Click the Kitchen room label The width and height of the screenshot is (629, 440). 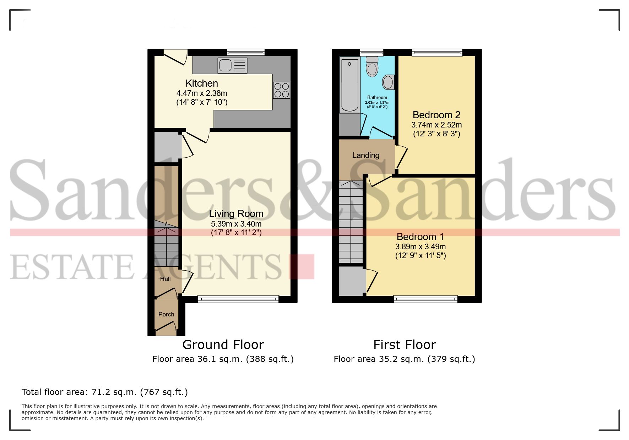[x=201, y=83]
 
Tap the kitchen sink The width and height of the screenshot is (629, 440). [x=233, y=65]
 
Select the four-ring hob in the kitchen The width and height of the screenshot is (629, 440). [x=281, y=90]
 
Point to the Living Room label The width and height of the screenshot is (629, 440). [x=236, y=214]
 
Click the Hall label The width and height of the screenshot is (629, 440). [x=165, y=279]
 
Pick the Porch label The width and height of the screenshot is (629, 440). [x=166, y=315]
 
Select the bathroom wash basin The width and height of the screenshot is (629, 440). [x=388, y=82]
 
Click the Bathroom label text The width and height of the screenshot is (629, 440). [x=377, y=98]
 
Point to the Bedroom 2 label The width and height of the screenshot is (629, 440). [x=436, y=115]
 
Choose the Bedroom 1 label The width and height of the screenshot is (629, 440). [x=420, y=237]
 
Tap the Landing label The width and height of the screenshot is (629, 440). [x=365, y=156]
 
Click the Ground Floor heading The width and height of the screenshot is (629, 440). [x=223, y=345]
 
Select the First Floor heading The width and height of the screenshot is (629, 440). [x=404, y=345]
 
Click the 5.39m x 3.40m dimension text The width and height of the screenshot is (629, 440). [x=236, y=224]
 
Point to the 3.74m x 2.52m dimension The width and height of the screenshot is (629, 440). [x=436, y=125]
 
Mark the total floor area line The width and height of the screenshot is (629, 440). [x=104, y=392]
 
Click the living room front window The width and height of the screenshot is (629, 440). [x=238, y=299]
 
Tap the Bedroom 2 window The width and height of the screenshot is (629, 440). [x=437, y=53]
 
